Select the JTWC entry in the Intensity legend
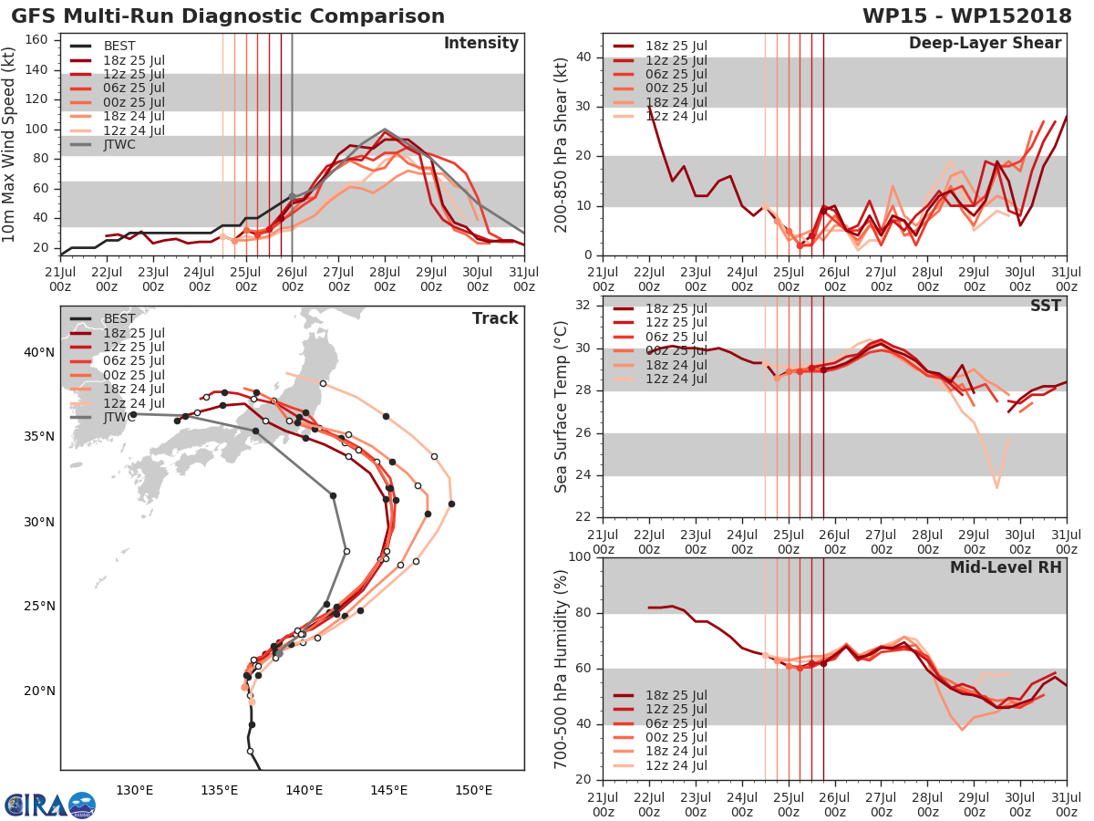(119, 144)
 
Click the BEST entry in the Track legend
(119, 318)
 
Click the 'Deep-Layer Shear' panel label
(985, 44)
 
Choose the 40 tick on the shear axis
(583, 57)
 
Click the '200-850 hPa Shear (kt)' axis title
(562, 144)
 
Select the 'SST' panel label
(1046, 306)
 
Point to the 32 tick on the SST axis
(583, 306)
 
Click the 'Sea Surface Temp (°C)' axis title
(562, 406)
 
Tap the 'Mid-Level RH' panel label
(1006, 567)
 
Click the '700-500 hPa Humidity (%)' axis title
(562, 669)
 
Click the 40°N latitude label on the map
(39, 352)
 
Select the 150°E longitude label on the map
(473, 790)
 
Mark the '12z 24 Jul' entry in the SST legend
(676, 379)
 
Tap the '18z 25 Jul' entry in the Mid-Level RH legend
(676, 695)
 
